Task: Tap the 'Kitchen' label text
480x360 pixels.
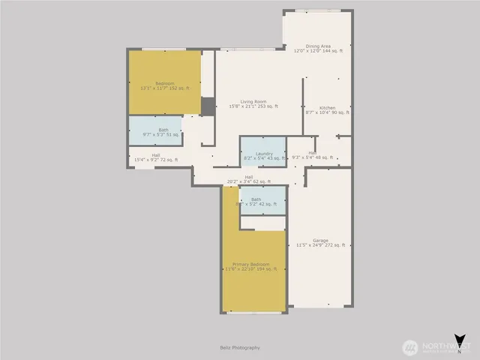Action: pos(328,107)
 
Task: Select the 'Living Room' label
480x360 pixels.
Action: pos(253,101)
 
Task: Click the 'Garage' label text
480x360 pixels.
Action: pos(321,240)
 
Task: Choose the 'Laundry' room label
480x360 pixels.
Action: pos(263,153)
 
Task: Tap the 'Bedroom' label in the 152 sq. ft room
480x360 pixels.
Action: pos(165,83)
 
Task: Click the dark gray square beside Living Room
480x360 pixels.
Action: pos(208,106)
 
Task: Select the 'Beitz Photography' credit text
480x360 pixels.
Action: pos(240,347)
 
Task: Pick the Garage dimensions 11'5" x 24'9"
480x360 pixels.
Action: pos(321,245)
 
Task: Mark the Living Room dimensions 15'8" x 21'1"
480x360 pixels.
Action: pos(253,106)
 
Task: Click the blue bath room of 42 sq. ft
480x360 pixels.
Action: pos(262,200)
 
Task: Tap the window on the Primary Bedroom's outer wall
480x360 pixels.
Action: pos(253,312)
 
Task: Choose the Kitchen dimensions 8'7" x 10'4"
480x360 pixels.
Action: pos(328,112)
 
